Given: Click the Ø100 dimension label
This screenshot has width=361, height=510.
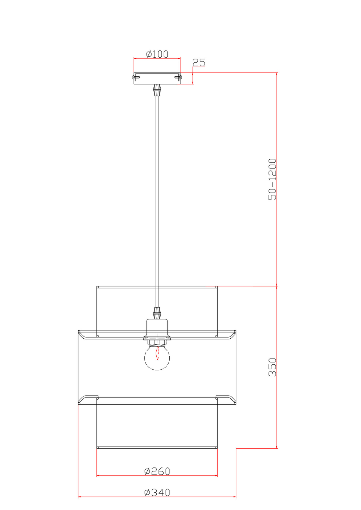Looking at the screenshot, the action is pyautogui.click(x=157, y=54).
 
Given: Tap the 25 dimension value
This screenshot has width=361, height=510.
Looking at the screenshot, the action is pyautogui.click(x=199, y=62).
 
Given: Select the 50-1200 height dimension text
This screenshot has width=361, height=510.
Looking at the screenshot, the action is pyautogui.click(x=272, y=179).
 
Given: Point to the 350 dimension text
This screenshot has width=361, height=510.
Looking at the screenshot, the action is pyautogui.click(x=272, y=367).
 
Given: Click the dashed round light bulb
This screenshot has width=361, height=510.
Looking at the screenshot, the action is pyautogui.click(x=157, y=358).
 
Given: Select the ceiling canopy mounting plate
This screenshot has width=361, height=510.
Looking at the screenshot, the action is pyautogui.click(x=157, y=78).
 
